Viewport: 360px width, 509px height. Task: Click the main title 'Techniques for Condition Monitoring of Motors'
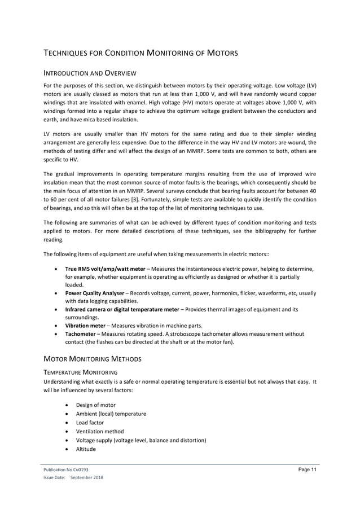coord(141,54)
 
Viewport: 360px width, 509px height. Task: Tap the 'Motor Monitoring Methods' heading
coord(89,359)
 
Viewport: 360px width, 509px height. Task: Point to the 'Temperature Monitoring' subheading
coord(80,372)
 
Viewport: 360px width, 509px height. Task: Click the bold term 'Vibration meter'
coord(85,326)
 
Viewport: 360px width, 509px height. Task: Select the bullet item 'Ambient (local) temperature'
coord(111,414)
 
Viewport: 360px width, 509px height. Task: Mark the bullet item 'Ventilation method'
coord(100,431)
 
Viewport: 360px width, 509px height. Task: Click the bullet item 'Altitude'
coord(86,449)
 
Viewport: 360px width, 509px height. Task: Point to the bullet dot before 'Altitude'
coord(68,449)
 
